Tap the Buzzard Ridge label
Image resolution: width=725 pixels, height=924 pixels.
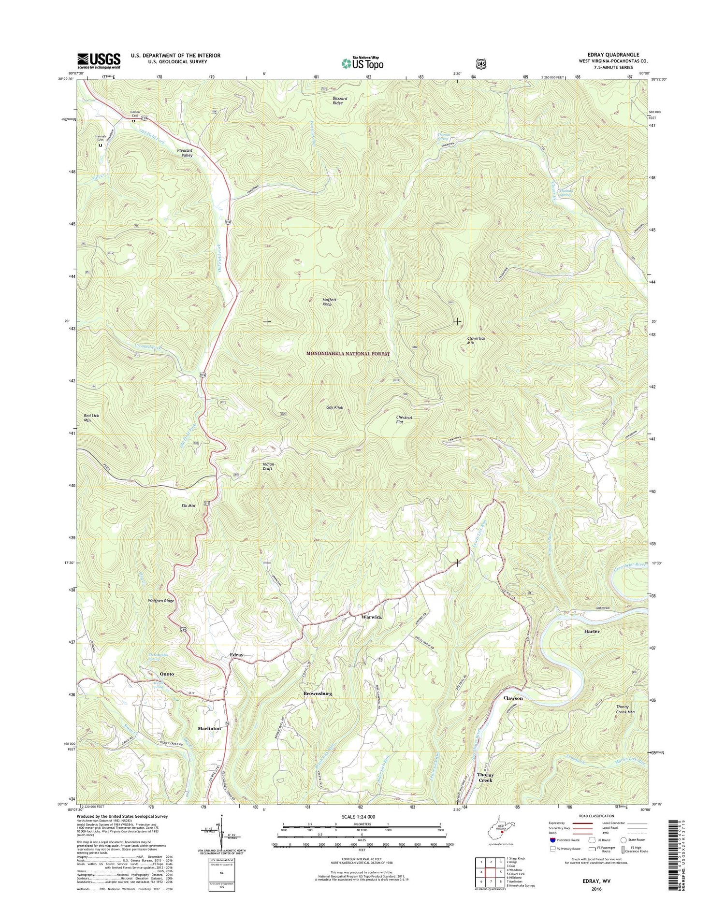point(340,101)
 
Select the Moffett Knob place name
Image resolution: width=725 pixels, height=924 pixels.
point(329,302)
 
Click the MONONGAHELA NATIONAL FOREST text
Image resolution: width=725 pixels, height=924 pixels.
point(348,354)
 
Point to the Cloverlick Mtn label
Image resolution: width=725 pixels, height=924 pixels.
point(476,341)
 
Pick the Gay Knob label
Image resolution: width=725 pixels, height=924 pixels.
point(334,407)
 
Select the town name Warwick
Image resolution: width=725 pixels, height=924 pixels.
point(371,617)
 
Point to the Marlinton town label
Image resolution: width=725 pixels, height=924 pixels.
point(209,728)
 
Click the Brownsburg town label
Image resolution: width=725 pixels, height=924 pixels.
point(318,693)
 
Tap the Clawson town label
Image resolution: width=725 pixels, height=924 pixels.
point(513,698)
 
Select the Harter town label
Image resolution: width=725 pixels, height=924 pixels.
point(592,631)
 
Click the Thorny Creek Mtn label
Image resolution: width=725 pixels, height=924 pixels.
point(625,709)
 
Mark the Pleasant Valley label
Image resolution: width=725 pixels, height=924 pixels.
point(185,153)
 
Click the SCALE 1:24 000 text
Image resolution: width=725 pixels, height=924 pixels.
point(362,817)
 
